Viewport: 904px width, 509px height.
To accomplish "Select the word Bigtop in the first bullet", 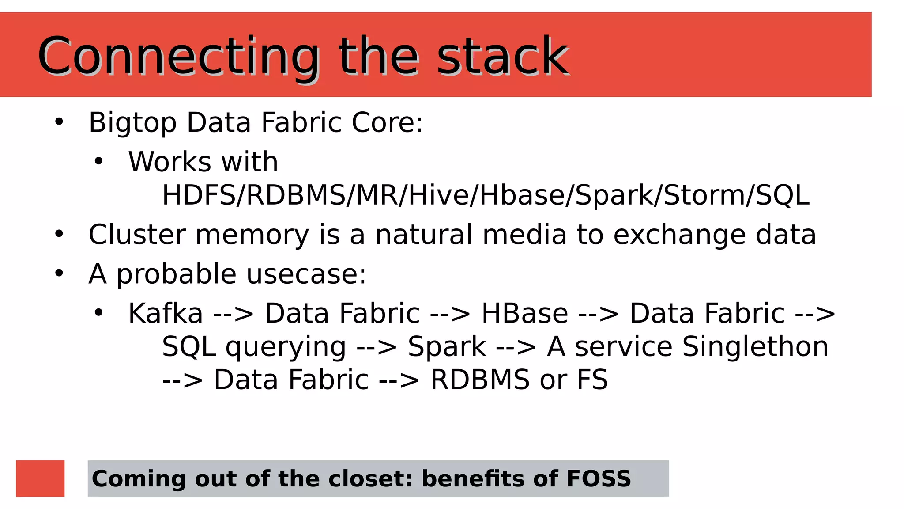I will click(x=132, y=123).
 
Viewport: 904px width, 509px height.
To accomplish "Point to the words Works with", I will click(x=203, y=162).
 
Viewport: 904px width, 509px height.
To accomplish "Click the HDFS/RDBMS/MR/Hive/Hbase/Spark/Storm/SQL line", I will click(x=486, y=195).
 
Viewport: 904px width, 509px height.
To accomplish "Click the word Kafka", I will click(x=166, y=313).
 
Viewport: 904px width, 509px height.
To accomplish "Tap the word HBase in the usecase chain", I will click(x=524, y=313).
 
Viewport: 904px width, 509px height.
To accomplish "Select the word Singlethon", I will click(x=755, y=346).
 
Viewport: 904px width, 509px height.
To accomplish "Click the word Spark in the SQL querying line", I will click(x=447, y=346).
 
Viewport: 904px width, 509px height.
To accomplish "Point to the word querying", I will click(x=286, y=347).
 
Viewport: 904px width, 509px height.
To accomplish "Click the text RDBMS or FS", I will click(x=519, y=380).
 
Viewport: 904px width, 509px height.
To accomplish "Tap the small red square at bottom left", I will click(x=40, y=478).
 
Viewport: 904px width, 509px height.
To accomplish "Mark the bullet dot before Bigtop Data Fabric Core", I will click(x=59, y=122).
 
